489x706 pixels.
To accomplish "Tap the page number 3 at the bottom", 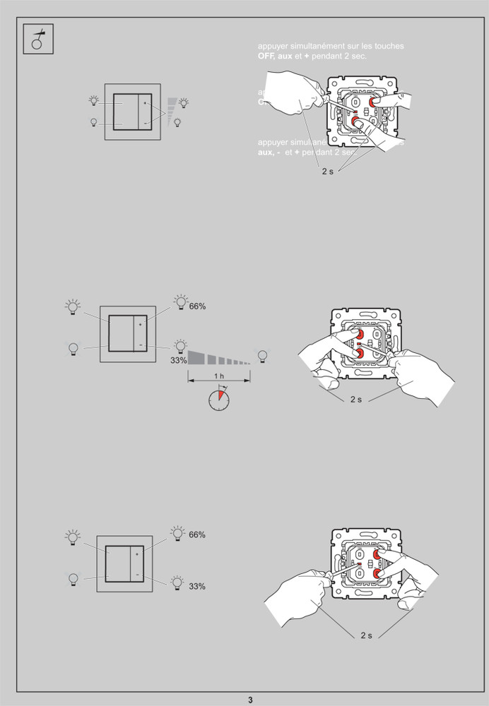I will (x=249, y=700).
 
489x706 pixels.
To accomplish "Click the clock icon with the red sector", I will (x=219, y=400).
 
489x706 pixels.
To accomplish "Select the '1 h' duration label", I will (x=219, y=376).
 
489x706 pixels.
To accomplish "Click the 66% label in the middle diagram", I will (x=197, y=306).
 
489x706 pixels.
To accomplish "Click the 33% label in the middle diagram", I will (x=178, y=360).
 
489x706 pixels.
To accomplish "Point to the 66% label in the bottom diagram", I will (x=197, y=534).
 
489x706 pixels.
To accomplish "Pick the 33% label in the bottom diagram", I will (x=197, y=586).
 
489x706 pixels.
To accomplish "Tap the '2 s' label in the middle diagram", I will (x=355, y=400).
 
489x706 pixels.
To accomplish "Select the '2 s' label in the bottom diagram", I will (x=366, y=635).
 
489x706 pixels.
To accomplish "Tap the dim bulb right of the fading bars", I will (x=263, y=354).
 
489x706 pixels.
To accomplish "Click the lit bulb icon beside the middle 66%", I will (x=180, y=302).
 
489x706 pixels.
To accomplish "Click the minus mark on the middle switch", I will (x=140, y=345).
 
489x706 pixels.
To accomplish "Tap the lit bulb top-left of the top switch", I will (x=94, y=100).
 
